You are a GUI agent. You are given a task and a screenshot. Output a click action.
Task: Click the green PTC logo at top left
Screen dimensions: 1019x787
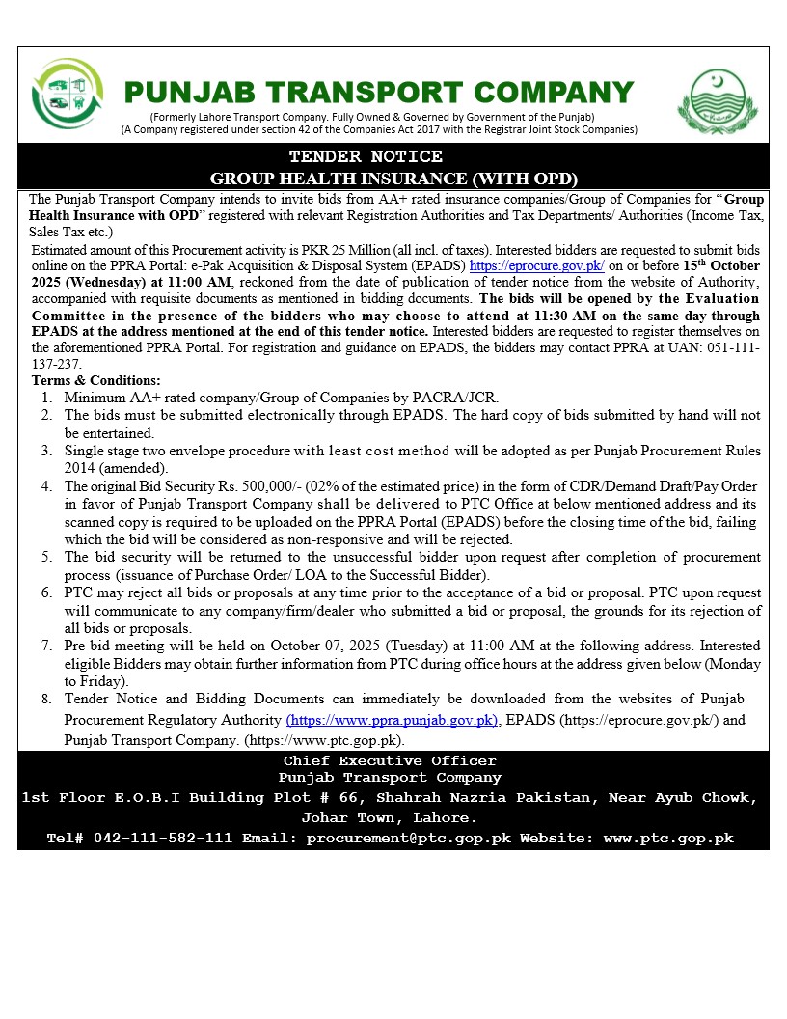coord(68,96)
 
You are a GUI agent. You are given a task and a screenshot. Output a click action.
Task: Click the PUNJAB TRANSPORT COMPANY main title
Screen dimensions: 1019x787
coord(379,93)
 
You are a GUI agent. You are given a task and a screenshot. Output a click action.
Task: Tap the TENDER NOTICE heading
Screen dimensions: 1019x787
coord(366,156)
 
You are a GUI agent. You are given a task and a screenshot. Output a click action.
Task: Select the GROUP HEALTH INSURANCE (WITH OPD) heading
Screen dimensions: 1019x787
coord(393,178)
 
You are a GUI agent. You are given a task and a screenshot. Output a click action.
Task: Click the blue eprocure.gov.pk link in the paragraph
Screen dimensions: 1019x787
coord(536,264)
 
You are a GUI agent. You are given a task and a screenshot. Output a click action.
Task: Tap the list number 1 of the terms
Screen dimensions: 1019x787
coord(46,398)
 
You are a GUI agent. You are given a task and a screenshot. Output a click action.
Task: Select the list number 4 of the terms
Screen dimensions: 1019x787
coord(46,486)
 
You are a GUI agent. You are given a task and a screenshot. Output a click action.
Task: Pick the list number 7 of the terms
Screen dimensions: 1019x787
coord(46,646)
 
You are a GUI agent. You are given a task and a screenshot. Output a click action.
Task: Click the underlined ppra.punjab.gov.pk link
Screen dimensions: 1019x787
coord(392,720)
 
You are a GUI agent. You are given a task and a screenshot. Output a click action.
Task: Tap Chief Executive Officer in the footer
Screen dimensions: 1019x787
coord(390,761)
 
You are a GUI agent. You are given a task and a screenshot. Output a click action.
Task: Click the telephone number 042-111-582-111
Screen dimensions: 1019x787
coord(163,839)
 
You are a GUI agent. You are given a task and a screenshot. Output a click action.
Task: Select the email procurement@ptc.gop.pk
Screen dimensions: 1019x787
coord(408,839)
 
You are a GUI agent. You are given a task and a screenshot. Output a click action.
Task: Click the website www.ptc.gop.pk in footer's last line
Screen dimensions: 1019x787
coord(668,839)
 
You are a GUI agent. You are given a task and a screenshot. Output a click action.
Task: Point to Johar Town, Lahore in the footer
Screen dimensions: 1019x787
coord(390,818)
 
